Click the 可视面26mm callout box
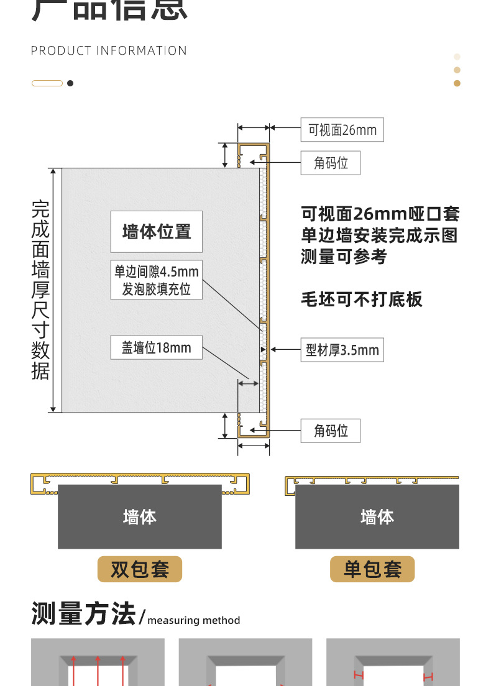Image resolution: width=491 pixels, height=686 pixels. [342, 130]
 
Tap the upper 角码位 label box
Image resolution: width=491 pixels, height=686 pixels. [330, 163]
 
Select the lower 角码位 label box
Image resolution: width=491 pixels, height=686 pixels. [330, 431]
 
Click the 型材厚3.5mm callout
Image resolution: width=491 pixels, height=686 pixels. [342, 350]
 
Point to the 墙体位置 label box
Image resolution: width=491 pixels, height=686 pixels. [157, 232]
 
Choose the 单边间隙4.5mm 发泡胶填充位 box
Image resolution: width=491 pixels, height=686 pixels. [157, 280]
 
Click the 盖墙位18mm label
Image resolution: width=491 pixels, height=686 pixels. [157, 347]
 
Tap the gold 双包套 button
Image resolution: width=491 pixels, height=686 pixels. [140, 569]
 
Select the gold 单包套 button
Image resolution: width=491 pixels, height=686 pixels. [372, 569]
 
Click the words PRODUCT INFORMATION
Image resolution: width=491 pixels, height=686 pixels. [109, 51]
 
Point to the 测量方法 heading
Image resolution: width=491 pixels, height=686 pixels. [83, 614]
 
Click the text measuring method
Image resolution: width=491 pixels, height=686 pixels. [194, 620]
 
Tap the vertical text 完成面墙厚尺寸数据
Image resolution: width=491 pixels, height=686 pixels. [40, 290]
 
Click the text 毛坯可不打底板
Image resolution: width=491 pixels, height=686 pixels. [362, 300]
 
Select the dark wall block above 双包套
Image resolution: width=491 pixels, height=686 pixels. [140, 516]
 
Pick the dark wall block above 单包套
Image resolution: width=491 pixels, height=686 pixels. [377, 516]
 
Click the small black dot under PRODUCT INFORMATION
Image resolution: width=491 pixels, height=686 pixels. [70, 83]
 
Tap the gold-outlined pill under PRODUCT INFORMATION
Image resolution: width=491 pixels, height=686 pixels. [47, 83]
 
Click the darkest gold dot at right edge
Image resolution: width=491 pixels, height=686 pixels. [457, 83]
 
